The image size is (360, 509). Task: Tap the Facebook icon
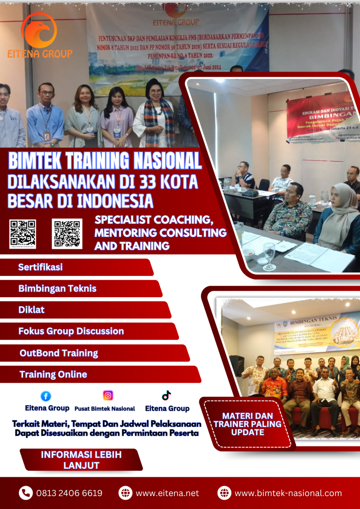point(46,396)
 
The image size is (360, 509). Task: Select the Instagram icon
point(108,396)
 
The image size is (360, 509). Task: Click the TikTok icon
point(166,396)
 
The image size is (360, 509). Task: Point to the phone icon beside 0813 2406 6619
point(25,493)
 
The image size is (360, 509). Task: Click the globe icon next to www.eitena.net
point(125,493)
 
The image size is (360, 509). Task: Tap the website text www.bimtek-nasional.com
point(288,493)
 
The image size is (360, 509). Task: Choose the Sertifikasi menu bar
point(41,267)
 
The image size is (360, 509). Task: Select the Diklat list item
point(31,309)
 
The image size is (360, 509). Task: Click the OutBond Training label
point(59,353)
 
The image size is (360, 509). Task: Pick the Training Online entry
point(53,374)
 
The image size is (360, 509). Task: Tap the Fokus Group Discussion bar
point(71,331)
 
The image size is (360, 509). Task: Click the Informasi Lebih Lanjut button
point(81,460)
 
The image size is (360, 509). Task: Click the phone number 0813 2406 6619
point(69,493)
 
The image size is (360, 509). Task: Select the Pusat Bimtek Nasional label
point(104,409)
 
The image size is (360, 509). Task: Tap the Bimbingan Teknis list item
point(57,288)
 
